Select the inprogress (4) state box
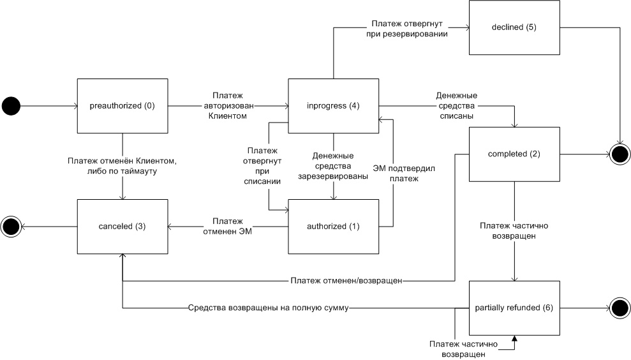[333, 105]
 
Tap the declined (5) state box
[514, 27]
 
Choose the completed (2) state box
[514, 154]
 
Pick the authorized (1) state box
[333, 226]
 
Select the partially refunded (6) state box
[514, 308]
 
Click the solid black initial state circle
[11, 105]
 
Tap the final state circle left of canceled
[11, 226]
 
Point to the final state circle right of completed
[619, 154]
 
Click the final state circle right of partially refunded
[619, 308]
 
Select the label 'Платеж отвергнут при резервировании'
[408, 29]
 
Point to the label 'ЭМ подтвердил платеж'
[394, 174]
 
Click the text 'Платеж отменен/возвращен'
[346, 280]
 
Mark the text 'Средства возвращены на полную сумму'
[268, 308]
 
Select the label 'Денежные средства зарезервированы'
[333, 166]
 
